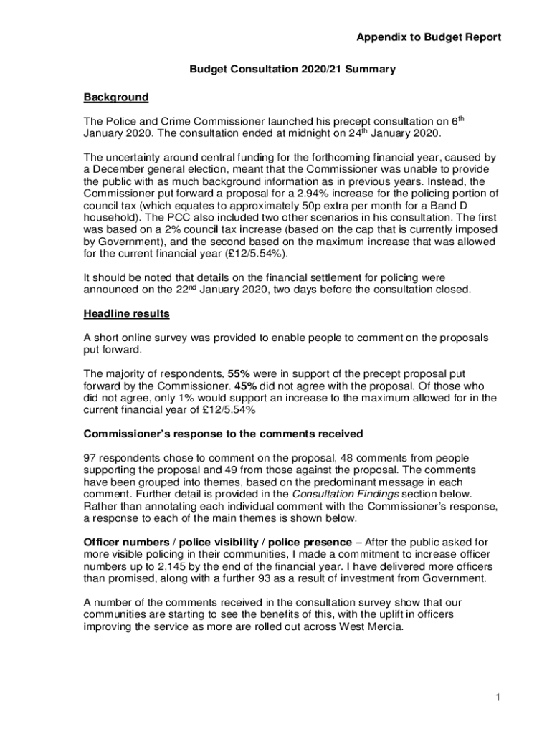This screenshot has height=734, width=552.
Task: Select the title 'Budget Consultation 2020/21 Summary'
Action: coord(292,69)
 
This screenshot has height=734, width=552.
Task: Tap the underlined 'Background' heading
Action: coord(116,97)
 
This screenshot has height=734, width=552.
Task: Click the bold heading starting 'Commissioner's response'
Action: coord(223,434)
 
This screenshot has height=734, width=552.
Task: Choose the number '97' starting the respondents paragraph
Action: coord(90,457)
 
